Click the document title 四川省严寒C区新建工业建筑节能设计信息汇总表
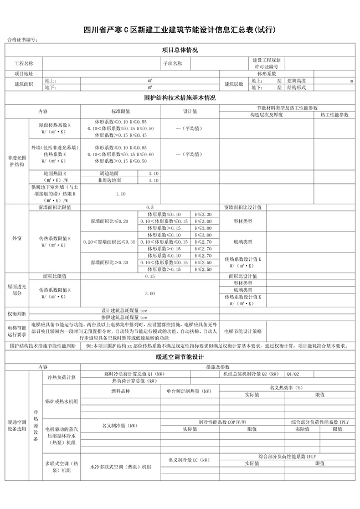click(x=179, y=29)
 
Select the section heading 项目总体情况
click(x=179, y=50)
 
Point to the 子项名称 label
click(x=172, y=63)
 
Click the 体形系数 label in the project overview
click(x=266, y=73)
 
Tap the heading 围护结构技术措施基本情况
click(x=179, y=97)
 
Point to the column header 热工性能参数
click(x=332, y=115)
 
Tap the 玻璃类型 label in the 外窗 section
click(x=243, y=241)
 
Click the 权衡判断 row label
click(x=17, y=313)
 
